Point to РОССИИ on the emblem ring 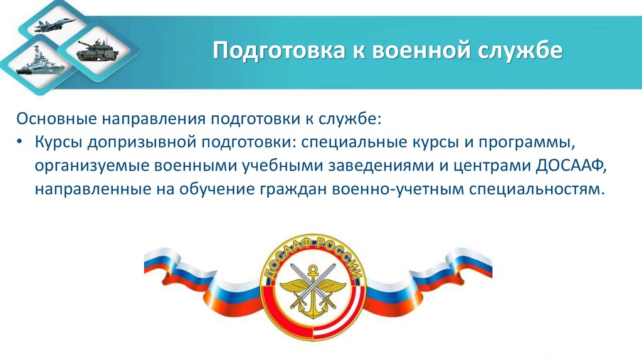(x=342, y=257)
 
